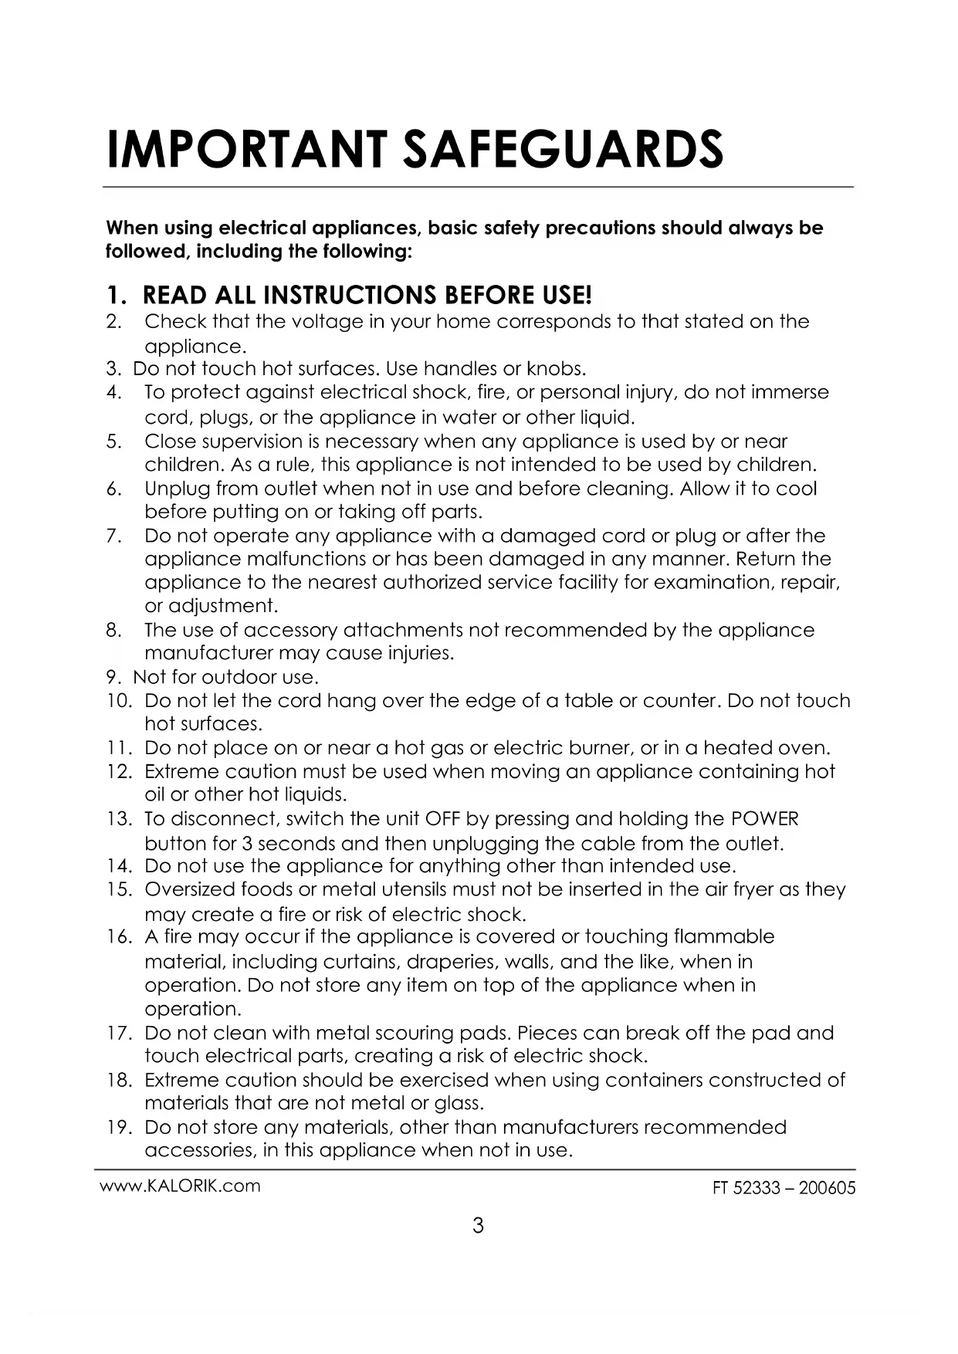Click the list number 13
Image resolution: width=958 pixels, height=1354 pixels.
(119, 819)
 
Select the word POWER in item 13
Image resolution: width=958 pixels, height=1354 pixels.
(764, 819)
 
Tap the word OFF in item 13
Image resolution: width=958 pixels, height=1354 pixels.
(442, 819)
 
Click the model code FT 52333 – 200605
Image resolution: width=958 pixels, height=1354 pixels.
(784, 1188)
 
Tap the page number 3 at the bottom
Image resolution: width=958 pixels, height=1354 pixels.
(478, 1225)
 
